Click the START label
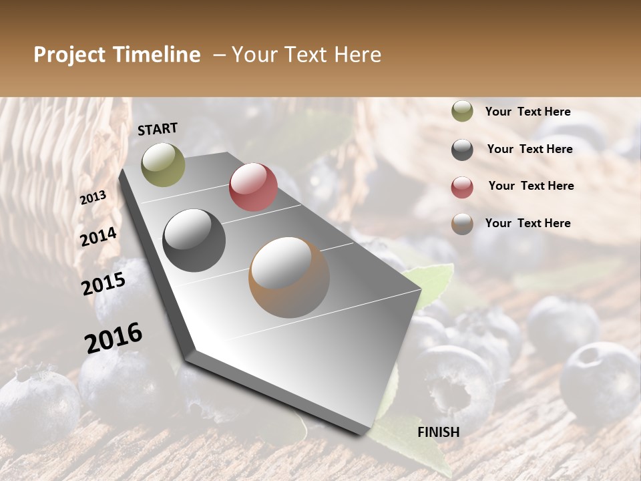tap(158, 129)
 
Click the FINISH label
tap(438, 432)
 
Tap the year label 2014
tap(98, 236)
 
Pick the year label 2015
tap(103, 284)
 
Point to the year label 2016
tap(114, 337)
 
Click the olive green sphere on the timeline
tap(163, 164)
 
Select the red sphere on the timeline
tap(253, 187)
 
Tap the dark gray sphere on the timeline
tap(194, 240)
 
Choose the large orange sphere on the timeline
tap(289, 277)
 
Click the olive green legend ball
tap(462, 111)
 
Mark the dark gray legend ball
tap(462, 150)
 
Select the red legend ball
tap(462, 187)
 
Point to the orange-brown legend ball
tap(462, 224)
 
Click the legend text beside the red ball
tap(531, 186)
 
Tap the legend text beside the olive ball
tap(527, 112)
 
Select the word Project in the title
tap(69, 55)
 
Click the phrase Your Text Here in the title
tap(306, 55)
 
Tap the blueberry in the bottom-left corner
tap(37, 401)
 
